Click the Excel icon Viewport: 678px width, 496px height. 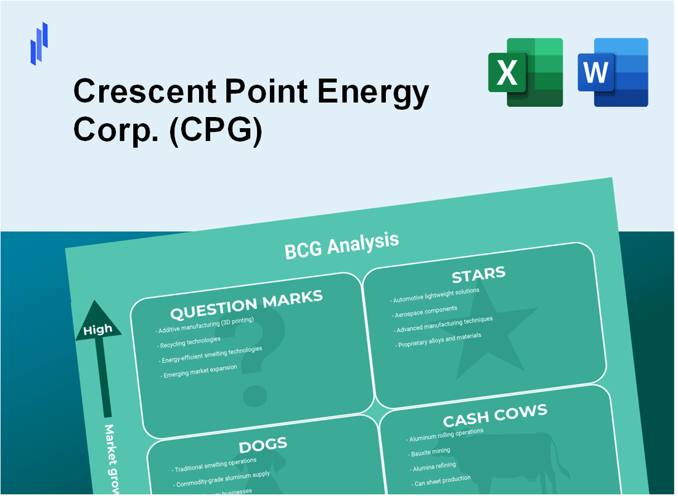click(525, 72)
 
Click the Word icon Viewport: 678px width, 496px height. click(613, 72)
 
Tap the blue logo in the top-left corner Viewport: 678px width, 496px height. click(39, 43)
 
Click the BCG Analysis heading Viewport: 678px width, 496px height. click(341, 245)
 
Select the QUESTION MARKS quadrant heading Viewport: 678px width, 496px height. click(246, 304)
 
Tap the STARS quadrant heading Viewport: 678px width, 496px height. click(478, 274)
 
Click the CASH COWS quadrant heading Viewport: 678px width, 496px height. click(494, 416)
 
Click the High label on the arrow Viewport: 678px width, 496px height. click(98, 329)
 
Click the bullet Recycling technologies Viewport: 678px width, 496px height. click(189, 341)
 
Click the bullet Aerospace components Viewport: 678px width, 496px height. click(426, 311)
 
